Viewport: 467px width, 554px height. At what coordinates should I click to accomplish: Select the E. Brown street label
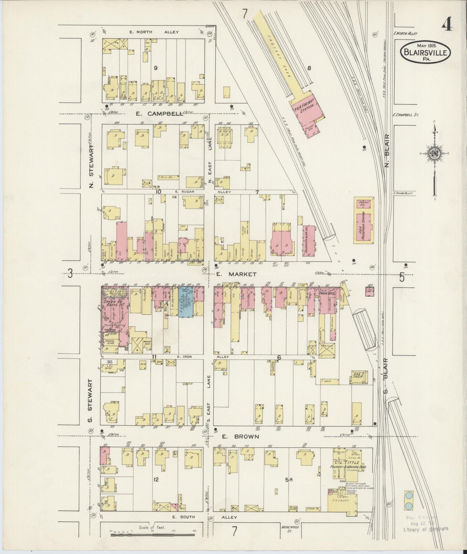click(240, 436)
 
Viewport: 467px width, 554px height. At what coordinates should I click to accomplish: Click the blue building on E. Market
click(186, 301)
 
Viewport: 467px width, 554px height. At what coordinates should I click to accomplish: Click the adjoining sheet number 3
click(70, 274)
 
